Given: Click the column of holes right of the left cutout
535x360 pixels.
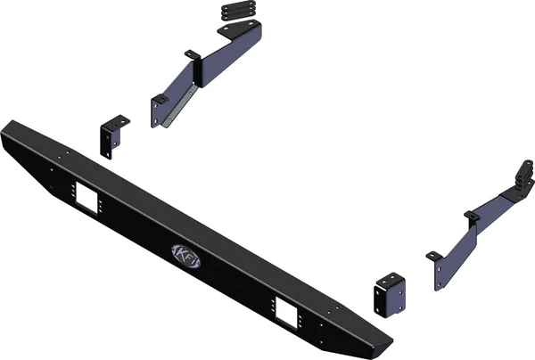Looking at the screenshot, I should [102, 204].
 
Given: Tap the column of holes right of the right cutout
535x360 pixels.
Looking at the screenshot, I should [304, 318].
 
